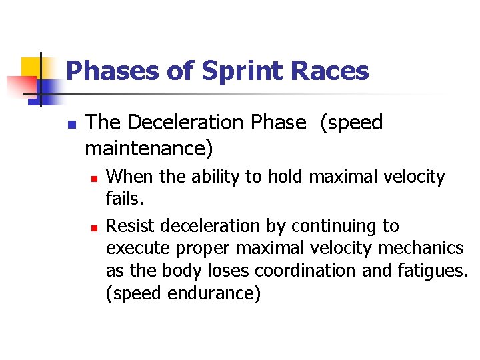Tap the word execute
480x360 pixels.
point(137,249)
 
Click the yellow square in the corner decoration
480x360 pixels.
point(31,68)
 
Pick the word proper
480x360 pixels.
point(202,249)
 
